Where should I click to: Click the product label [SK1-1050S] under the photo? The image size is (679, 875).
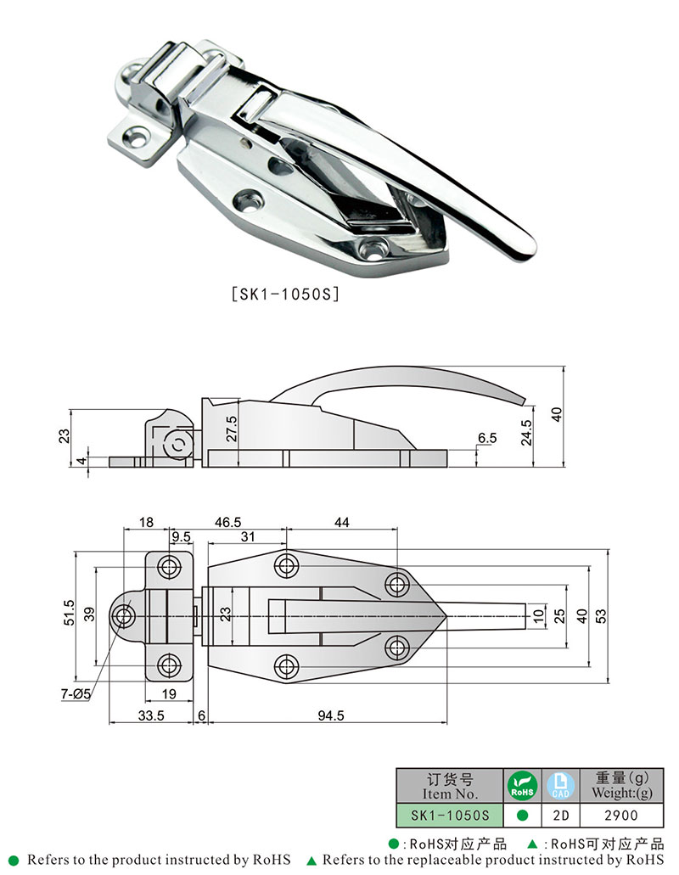284,294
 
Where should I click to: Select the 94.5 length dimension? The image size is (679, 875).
330,715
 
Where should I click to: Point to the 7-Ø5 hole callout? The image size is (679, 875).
76,694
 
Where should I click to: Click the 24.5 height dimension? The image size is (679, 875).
526,434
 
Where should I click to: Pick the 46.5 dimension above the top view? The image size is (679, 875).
227,523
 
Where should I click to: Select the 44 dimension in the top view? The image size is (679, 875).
341,523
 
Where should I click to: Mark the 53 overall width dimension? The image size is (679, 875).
602,615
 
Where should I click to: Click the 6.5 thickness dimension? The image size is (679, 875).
486,437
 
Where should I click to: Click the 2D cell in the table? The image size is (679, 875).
560,815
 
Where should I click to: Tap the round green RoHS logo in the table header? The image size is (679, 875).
523,786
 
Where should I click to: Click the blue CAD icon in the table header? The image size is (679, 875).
559,786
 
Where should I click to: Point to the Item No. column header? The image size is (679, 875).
450,786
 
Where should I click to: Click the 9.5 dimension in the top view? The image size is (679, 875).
181,537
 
